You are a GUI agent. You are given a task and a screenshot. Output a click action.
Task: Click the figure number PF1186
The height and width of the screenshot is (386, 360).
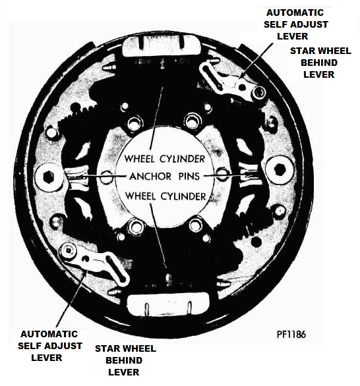tap(291, 335)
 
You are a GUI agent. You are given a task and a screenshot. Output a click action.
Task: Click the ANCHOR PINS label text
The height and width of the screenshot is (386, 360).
tap(164, 177)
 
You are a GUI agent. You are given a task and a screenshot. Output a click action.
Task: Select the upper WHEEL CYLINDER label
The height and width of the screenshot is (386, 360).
tap(165, 159)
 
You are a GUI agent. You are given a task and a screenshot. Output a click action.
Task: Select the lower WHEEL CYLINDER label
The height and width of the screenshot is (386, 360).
tap(165, 196)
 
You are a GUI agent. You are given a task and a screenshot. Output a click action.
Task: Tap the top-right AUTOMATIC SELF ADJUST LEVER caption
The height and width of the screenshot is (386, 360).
tap(295, 24)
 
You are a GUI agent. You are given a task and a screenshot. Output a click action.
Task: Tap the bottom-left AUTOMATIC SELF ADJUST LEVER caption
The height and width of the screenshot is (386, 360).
tap(49, 346)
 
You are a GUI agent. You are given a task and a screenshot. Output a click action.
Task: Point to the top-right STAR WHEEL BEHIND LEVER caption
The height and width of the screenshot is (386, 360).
tap(320, 63)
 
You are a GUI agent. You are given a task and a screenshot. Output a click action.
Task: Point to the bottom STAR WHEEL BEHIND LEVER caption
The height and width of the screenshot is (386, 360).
tap(125, 360)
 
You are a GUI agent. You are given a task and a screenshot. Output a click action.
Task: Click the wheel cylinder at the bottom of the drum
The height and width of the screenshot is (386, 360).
tap(167, 304)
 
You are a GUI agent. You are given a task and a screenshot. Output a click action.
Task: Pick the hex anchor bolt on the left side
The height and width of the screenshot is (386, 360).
tap(48, 177)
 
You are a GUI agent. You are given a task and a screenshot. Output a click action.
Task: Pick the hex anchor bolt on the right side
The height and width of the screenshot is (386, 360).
tap(280, 169)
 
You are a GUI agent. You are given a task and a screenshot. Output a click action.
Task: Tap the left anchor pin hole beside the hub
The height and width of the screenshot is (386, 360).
tap(106, 177)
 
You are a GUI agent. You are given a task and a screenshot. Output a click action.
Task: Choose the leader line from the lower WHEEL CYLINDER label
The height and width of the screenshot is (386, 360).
tap(158, 236)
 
